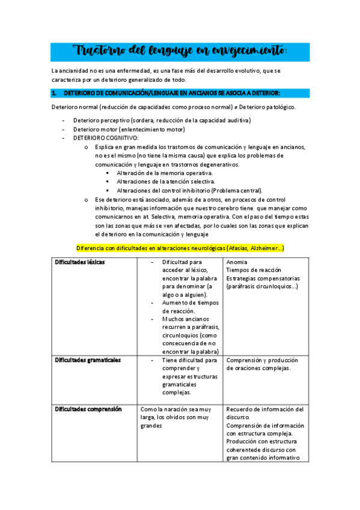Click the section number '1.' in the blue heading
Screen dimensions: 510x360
click(x=54, y=93)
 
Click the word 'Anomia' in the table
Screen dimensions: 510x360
click(x=237, y=262)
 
